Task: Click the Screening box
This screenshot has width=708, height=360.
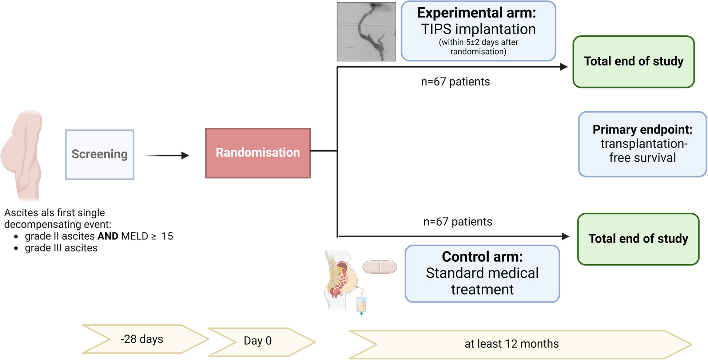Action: [100, 154]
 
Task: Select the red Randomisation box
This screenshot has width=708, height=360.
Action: [258, 153]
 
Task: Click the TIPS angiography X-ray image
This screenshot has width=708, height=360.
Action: [366, 32]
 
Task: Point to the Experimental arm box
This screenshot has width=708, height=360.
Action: [478, 31]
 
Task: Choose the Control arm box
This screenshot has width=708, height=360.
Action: [482, 273]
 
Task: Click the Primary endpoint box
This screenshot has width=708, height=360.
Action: [642, 144]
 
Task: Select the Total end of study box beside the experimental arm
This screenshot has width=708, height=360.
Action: [633, 62]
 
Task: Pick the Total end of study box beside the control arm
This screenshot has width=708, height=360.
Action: [638, 239]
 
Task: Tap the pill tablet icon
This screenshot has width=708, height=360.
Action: [379, 267]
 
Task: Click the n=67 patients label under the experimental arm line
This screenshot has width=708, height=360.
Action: [455, 82]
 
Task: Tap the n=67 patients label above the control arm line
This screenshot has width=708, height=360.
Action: [457, 222]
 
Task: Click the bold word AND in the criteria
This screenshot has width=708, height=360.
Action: [108, 236]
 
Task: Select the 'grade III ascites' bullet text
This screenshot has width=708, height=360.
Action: [61, 248]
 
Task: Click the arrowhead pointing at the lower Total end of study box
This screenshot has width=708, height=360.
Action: [565, 237]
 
